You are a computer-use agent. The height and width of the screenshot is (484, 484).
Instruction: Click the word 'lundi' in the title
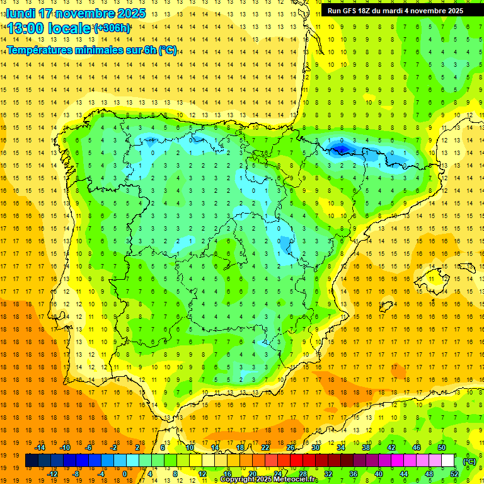click(x=21, y=13)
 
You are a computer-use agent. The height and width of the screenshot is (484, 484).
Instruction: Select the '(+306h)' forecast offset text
click(x=112, y=28)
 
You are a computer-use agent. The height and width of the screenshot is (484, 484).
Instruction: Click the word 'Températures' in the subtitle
click(x=40, y=50)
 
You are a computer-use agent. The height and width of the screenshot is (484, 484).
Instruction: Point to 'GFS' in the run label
click(x=354, y=11)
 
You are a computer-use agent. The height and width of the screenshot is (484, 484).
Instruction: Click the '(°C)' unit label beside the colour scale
click(x=469, y=461)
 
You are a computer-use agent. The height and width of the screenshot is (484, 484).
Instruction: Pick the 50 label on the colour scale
click(x=441, y=447)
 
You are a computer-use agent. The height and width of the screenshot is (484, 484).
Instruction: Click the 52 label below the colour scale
click(x=454, y=474)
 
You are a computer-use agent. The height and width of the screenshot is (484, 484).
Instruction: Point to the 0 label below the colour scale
click(x=125, y=474)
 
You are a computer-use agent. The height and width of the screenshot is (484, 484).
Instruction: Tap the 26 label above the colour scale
click(x=290, y=447)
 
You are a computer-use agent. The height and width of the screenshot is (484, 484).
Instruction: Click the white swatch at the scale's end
click(x=447, y=461)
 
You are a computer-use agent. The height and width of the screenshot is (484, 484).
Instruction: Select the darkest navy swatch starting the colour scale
click(x=32, y=461)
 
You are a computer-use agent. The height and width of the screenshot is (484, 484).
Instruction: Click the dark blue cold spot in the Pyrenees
click(x=340, y=149)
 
